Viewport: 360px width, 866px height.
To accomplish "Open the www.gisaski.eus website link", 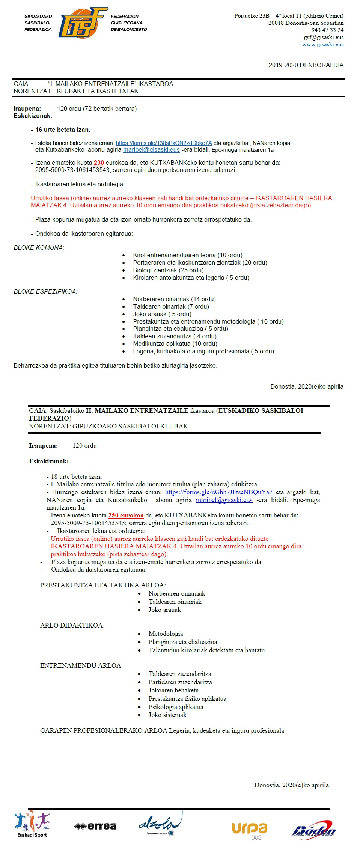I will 323,44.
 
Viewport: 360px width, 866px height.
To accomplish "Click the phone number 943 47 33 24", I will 327,30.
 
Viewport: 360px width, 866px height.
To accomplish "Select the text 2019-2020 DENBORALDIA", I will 306,65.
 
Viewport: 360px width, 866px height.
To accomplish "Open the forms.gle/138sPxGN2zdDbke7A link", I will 164,143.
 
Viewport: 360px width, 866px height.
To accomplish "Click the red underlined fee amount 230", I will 99,163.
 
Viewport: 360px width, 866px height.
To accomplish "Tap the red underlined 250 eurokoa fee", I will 126,516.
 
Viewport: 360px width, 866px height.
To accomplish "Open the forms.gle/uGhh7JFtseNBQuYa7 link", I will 218,492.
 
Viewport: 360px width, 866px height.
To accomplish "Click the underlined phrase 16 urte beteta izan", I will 62,130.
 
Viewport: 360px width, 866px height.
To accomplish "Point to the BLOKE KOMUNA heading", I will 39,248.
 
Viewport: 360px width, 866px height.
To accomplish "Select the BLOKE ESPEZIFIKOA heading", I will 45,292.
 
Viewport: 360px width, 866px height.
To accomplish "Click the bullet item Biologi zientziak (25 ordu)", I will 168,270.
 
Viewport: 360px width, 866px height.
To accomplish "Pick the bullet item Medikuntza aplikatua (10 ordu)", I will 175,344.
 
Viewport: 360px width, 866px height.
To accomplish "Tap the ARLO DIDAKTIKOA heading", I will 72,625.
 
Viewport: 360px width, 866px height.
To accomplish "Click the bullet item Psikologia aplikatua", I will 176,707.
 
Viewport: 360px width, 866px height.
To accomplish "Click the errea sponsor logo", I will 96,826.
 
